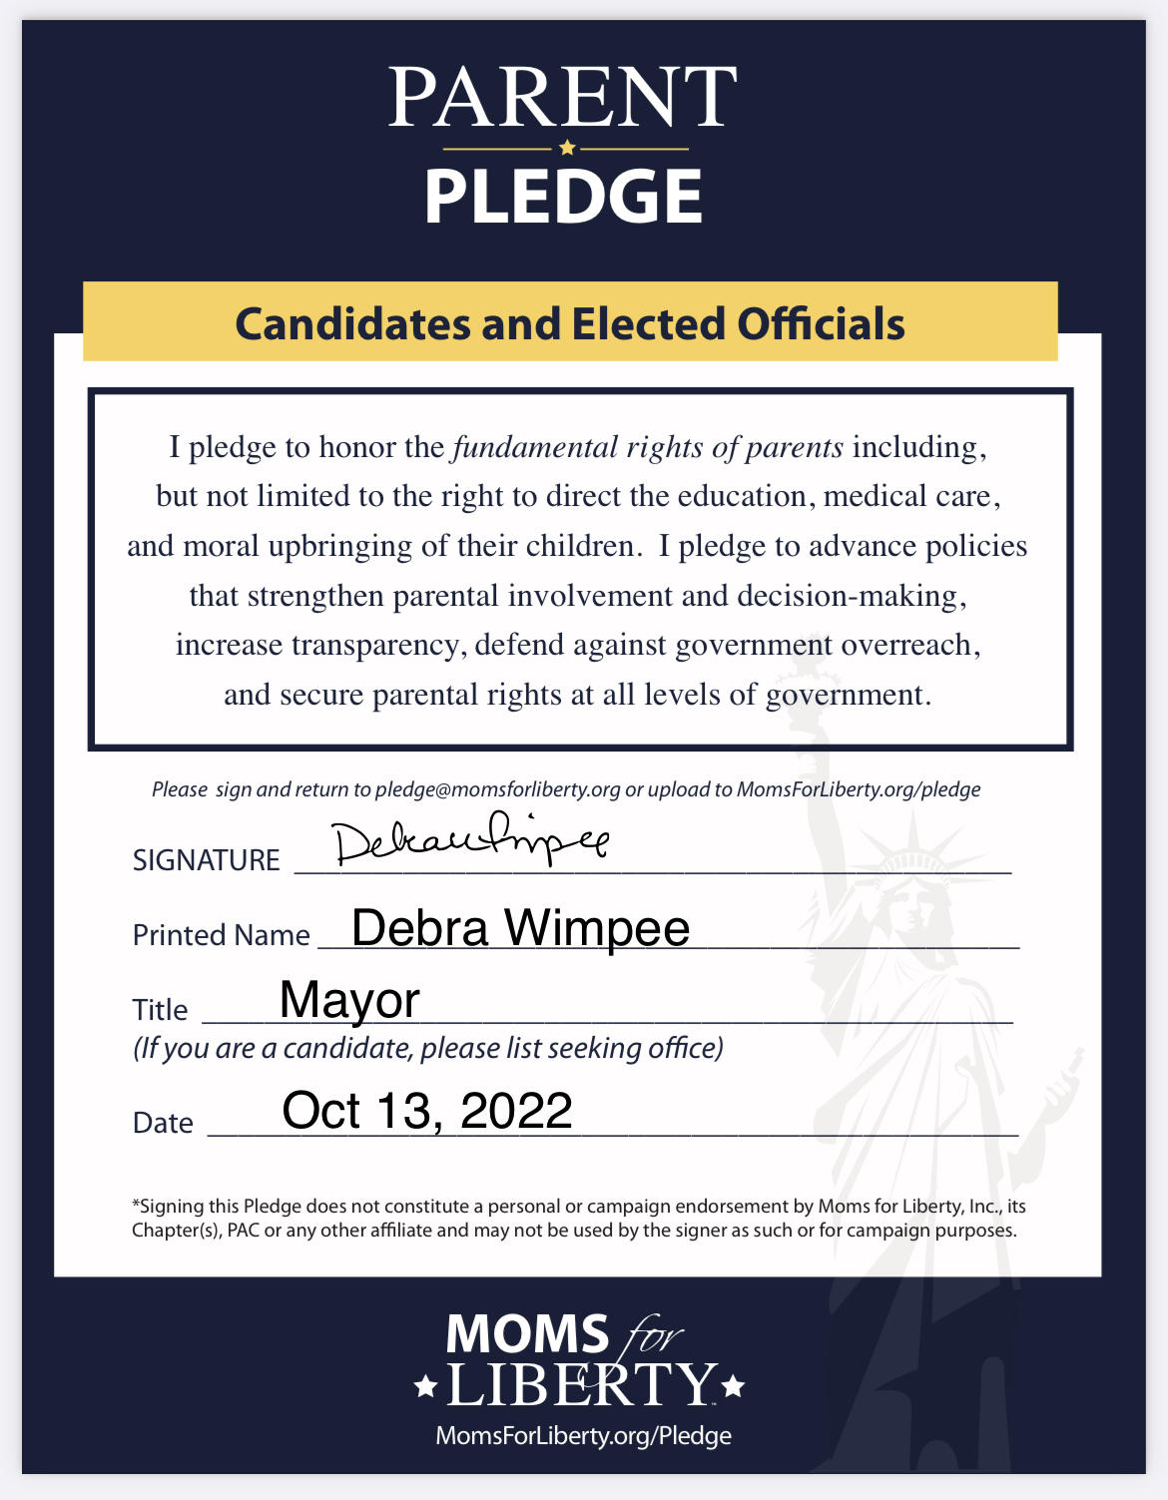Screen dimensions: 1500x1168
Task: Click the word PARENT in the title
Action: pos(563,98)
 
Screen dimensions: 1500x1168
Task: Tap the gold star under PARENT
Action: pos(567,149)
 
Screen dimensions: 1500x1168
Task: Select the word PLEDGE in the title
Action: pos(564,197)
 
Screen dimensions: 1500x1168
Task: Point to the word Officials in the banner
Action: pos(821,324)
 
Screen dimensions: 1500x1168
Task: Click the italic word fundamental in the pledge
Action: pos(535,447)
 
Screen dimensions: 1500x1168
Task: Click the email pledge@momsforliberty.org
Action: pos(497,789)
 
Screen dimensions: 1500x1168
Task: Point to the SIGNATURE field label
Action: pos(207,860)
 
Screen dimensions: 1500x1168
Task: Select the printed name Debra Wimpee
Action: pos(520,928)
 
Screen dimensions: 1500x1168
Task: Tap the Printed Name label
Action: pos(221,935)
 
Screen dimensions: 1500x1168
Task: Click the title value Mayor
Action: pos(349,1000)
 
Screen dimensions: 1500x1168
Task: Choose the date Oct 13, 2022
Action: pos(427,1111)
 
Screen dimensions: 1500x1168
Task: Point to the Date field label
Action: pos(163,1123)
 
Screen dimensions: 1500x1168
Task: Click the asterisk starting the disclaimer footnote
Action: pos(136,1205)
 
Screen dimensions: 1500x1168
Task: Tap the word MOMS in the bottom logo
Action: pos(527,1334)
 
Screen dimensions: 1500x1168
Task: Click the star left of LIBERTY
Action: pos(425,1385)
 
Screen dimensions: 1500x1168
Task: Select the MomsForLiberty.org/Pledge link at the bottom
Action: pos(583,1436)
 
